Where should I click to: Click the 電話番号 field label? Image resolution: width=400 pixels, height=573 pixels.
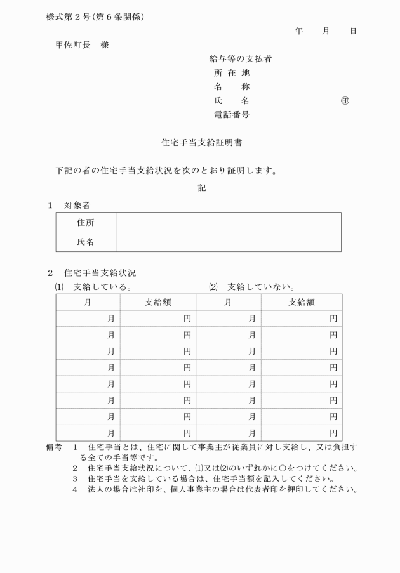pos(232,115)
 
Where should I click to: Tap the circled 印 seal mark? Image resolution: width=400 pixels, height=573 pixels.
pos(345,101)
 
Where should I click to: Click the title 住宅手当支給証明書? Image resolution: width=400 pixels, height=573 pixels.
pos(202,143)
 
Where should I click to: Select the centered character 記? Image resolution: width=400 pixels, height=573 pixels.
pos(202,188)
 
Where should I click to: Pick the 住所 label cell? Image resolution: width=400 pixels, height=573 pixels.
pos(86,223)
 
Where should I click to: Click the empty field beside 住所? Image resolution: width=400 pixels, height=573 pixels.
pos(228,223)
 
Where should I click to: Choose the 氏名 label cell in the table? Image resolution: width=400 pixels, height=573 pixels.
pos(86,242)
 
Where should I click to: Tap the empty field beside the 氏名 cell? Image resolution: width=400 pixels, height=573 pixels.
pos(228,242)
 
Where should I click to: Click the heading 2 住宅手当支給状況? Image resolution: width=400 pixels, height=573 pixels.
pos(92,273)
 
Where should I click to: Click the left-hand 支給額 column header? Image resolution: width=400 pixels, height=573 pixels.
pos(158,302)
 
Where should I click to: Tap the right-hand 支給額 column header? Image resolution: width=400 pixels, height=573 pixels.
pos(302,302)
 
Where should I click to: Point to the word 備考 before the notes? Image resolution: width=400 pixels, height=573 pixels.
pos(54,447)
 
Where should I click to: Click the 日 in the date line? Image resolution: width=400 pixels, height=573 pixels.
pos(353,30)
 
